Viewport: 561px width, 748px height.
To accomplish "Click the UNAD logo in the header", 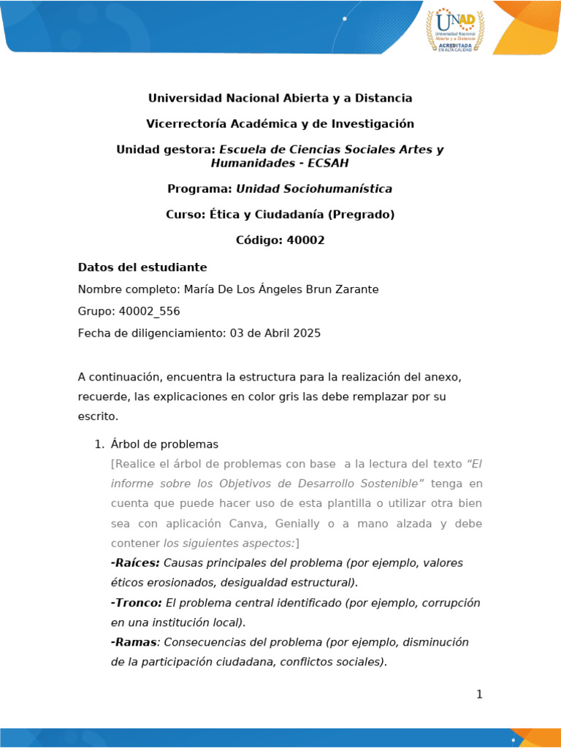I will click(456, 29).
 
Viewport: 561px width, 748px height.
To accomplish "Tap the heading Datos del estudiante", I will click(142, 267).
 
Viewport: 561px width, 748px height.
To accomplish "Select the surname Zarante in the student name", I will click(356, 289).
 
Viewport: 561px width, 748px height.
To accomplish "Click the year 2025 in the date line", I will click(307, 333).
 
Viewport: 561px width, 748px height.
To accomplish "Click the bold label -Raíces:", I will click(135, 563).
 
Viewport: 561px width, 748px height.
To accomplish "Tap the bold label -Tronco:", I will click(136, 603).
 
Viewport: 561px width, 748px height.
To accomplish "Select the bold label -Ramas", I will click(134, 642).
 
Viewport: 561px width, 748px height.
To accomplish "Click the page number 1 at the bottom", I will click(479, 694).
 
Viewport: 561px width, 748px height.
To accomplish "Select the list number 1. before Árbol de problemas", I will click(100, 444).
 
